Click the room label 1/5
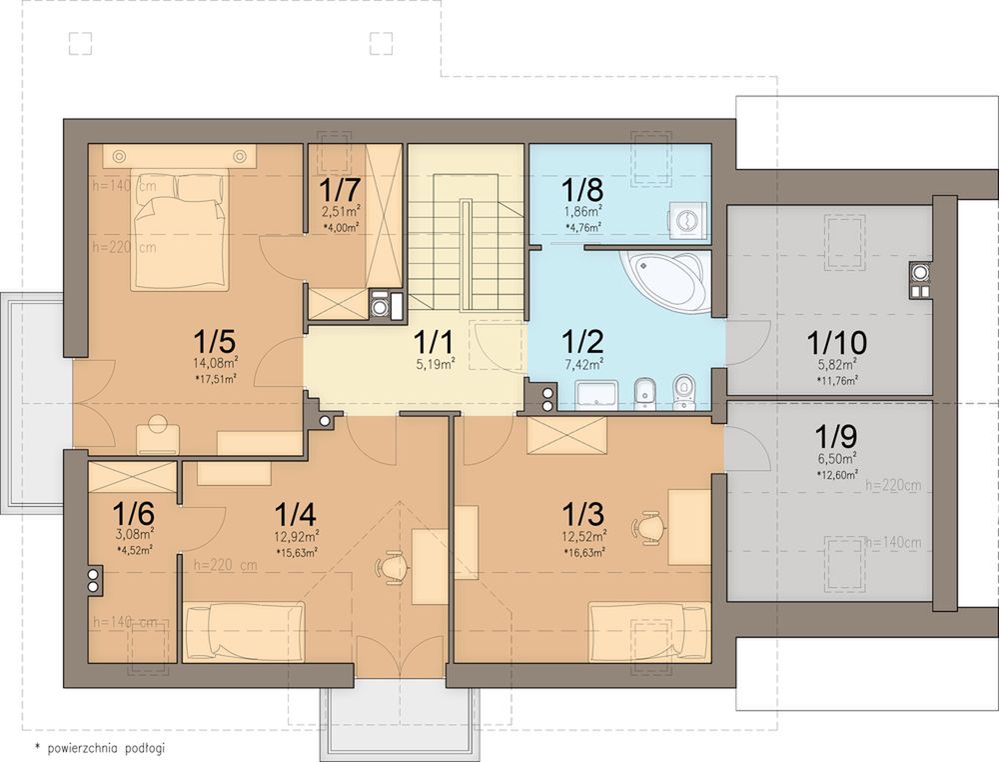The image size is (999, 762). [x=215, y=342]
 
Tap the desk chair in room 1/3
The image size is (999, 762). [x=648, y=527]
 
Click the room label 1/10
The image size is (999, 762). [x=836, y=342]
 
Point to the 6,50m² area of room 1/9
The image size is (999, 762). [x=836, y=457]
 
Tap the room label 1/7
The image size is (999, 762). [x=341, y=189]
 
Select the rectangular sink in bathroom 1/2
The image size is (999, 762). [x=596, y=395]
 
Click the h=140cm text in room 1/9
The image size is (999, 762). [x=892, y=543]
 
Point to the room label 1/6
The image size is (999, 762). [x=133, y=513]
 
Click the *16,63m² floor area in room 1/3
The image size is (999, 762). [x=584, y=552]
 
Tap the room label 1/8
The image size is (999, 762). [x=582, y=189]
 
